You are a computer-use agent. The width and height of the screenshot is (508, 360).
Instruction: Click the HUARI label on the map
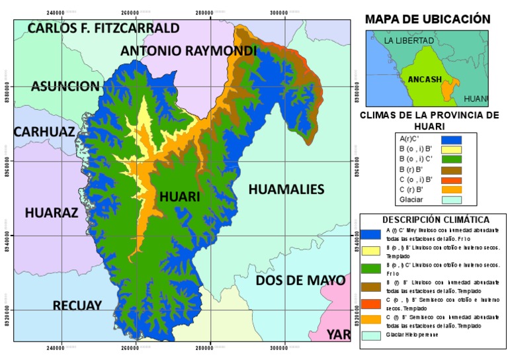point(179,197)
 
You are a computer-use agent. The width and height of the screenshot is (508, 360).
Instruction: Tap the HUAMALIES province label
point(286,190)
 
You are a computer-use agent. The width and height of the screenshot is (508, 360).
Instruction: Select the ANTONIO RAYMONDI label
point(189,51)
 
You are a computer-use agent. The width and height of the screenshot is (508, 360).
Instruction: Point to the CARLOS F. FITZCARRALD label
point(104,28)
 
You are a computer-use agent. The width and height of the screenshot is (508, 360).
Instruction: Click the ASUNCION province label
point(65,86)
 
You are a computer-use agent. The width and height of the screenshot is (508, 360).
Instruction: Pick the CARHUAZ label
point(44,131)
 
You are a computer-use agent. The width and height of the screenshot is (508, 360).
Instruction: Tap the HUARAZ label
point(52,212)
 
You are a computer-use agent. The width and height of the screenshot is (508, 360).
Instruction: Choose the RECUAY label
point(77,305)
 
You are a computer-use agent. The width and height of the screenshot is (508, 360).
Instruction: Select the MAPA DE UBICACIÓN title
point(427,19)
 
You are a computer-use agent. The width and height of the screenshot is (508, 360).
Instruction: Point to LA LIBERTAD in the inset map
point(409,41)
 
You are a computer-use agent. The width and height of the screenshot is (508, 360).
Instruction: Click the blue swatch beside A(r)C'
point(450,139)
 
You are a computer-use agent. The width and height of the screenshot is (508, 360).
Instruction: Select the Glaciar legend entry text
point(411,199)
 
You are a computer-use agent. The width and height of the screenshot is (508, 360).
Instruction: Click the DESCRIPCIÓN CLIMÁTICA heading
point(435,219)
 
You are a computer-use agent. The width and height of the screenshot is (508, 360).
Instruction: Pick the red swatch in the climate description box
point(371,304)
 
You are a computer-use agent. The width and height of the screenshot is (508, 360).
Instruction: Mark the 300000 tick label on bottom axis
point(285,347)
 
